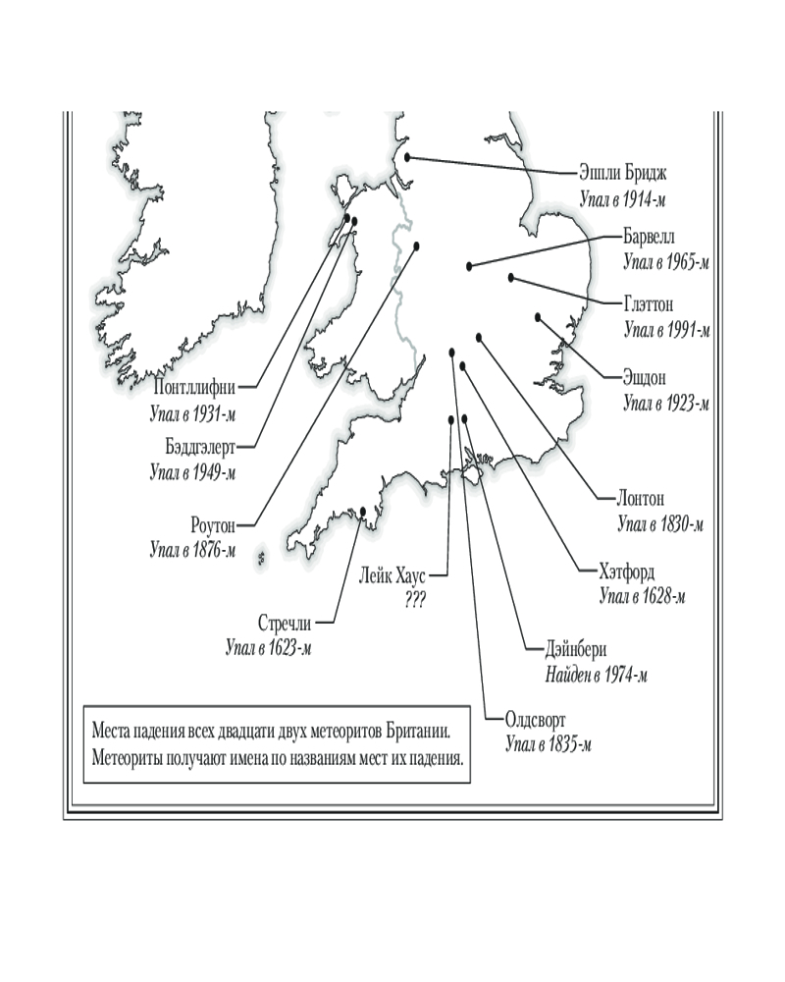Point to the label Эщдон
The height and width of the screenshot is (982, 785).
[x=649, y=377]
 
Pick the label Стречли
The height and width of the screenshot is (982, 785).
[x=287, y=623]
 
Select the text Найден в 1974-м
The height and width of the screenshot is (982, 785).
[x=596, y=675]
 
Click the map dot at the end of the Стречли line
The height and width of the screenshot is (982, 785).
[x=364, y=511]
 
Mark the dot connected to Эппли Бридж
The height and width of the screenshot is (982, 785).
[x=408, y=156]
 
